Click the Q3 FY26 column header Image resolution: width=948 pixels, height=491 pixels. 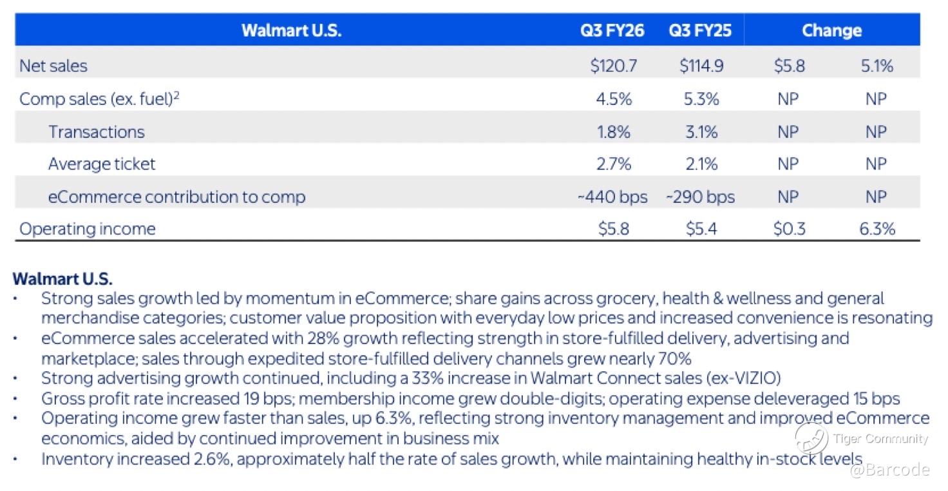point(612,31)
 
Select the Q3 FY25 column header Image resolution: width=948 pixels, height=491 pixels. point(700,31)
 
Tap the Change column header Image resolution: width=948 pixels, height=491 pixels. point(831,31)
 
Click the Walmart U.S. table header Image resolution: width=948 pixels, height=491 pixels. point(291,31)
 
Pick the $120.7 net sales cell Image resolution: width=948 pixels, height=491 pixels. point(613,66)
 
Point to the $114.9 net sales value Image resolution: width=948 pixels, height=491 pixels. point(701,66)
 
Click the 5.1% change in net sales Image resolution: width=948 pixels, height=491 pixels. point(877,66)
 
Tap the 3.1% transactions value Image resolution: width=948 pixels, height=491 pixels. point(701,131)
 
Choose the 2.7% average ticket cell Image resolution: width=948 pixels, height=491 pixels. point(613,164)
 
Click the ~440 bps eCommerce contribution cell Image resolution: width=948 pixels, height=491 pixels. point(612,197)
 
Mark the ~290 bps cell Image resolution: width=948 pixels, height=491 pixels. point(701,197)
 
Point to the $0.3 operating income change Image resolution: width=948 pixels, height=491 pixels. point(789,229)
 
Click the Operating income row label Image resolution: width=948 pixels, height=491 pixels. point(88,229)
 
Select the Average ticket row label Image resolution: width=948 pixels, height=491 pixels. point(102,164)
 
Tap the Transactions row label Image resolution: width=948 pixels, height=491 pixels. point(97,131)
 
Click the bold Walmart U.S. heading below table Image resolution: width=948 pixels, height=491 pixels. point(62,280)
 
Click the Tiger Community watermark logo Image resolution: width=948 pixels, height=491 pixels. point(811,439)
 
